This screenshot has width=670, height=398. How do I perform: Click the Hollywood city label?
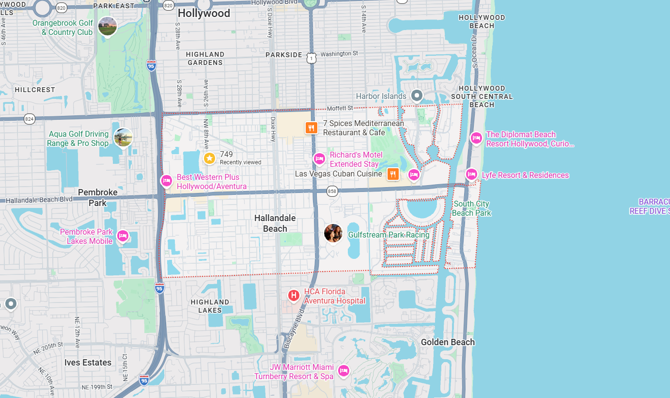(x=204, y=14)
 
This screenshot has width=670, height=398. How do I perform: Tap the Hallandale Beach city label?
(x=275, y=223)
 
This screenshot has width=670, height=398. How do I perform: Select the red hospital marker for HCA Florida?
(x=293, y=295)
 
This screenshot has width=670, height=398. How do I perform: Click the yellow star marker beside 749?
(x=209, y=158)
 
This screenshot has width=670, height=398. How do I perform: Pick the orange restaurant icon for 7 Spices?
(x=311, y=128)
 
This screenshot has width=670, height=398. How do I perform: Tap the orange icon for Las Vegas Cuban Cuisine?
(x=393, y=174)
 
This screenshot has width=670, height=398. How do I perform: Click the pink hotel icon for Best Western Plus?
(x=166, y=181)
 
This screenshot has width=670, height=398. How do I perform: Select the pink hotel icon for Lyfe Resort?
(x=471, y=174)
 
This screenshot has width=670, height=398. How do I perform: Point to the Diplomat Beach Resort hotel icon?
(x=476, y=138)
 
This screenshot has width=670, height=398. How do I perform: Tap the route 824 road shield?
(x=30, y=118)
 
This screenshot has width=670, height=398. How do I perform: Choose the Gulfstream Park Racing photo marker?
(x=333, y=233)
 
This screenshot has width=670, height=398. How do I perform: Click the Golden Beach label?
(x=448, y=342)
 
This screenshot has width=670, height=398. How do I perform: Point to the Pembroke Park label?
(x=98, y=197)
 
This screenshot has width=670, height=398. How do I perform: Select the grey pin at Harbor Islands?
(x=416, y=95)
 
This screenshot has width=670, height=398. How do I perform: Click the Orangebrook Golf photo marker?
(x=107, y=26)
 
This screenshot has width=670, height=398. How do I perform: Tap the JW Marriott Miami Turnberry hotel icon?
(x=343, y=371)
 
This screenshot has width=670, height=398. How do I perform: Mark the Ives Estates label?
(x=88, y=363)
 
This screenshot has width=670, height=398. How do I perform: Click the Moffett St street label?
(x=340, y=108)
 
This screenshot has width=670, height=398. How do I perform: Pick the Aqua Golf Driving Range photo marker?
(x=123, y=137)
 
